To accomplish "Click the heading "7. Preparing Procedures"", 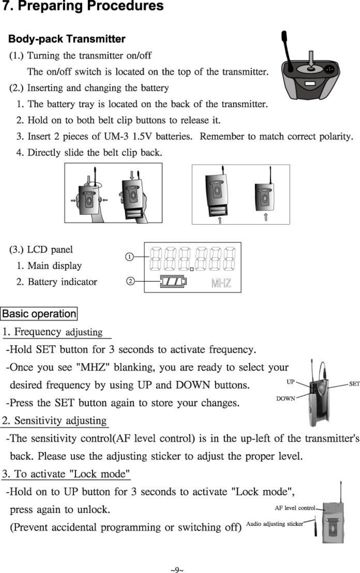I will [x=83, y=6].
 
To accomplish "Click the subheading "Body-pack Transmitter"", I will [x=67, y=39].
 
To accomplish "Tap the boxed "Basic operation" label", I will [x=39, y=314].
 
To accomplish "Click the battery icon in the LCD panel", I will [x=174, y=282].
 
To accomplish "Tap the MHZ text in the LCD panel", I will [x=221, y=283].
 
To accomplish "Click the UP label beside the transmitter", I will [x=290, y=382].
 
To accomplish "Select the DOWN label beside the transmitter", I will [x=286, y=398].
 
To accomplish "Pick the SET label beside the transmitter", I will [x=354, y=384].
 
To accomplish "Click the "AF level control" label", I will [x=295, y=508].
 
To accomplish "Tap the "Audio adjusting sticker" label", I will [x=274, y=524].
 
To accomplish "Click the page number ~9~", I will [x=177, y=570].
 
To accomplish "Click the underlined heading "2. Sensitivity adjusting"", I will [x=55, y=421].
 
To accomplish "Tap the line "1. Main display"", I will [x=50, y=266].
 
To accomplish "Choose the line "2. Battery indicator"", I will [x=57, y=282].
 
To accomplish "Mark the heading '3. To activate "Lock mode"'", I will [x=66, y=474].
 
